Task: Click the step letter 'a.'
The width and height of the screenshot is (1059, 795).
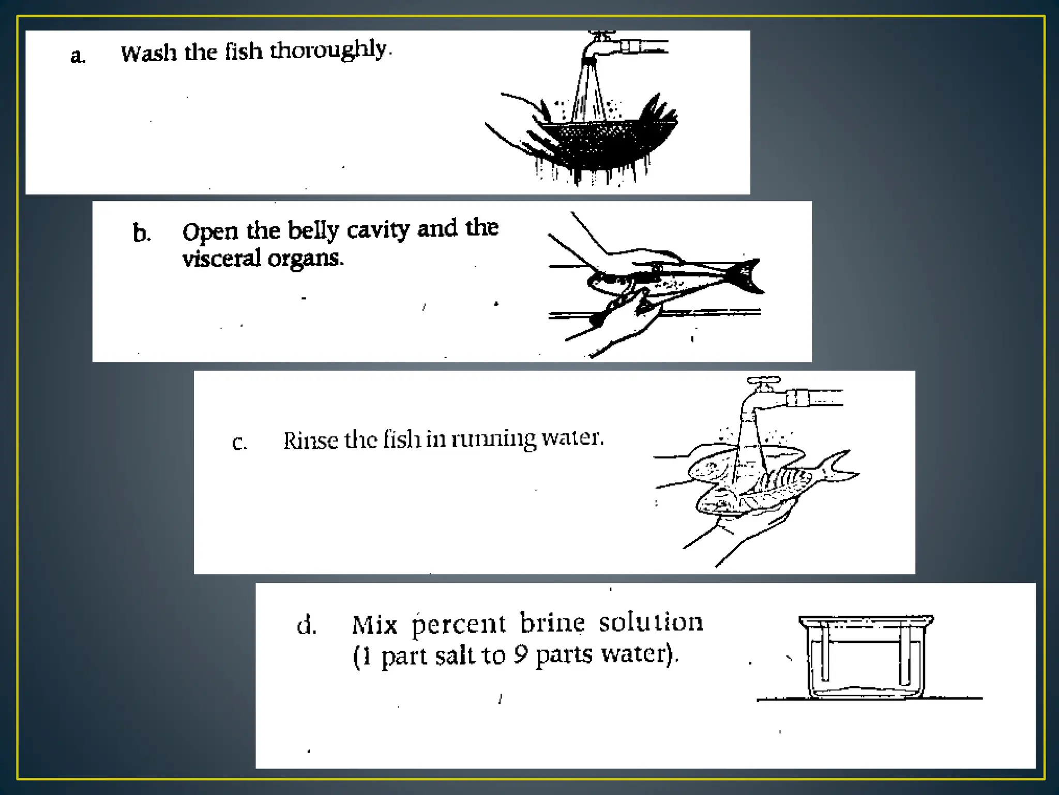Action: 78,56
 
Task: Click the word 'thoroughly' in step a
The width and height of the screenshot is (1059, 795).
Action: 329,51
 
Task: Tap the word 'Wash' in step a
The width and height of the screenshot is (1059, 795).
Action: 148,53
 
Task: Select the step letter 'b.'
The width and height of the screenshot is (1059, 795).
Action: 141,233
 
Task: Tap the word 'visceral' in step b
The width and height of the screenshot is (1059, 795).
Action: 222,258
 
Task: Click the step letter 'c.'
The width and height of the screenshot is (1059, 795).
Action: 239,443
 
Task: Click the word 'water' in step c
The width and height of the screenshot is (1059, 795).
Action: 572,438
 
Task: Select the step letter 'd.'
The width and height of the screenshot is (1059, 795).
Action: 306,625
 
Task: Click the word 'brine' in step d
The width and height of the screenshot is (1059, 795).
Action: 552,623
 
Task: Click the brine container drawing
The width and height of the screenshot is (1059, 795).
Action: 866,657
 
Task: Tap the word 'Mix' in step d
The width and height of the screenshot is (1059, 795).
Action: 374,625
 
